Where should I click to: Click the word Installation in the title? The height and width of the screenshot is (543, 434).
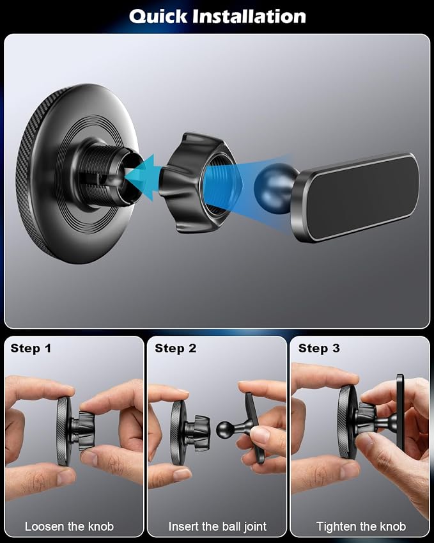[x=249, y=16]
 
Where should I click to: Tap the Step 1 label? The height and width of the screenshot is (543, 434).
[x=31, y=348]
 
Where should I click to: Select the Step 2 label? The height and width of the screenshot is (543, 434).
[x=176, y=348]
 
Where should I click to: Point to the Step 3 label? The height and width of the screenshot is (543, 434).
[x=319, y=348]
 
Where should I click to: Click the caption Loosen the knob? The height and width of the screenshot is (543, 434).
[x=69, y=526]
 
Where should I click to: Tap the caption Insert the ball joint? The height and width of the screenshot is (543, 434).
[x=217, y=526]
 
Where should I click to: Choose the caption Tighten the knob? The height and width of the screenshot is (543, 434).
[x=361, y=526]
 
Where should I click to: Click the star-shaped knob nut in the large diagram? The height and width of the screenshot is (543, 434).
[x=198, y=182]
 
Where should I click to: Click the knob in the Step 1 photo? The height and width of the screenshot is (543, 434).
[x=85, y=430]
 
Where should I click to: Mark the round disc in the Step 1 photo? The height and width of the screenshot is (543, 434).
[x=64, y=431]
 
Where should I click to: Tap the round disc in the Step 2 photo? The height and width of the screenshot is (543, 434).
[x=178, y=432]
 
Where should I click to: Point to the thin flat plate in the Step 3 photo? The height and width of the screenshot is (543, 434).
[x=400, y=412]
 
